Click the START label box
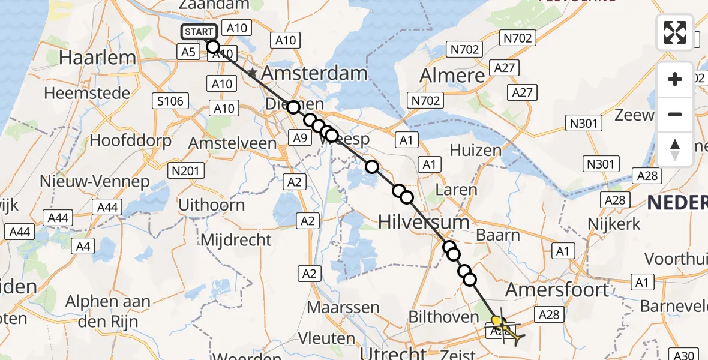tap(198, 32)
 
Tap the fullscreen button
tap(675, 32)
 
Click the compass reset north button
tap(675, 149)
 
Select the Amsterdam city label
tap(315, 74)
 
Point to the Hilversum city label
tap(424, 223)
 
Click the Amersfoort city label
tap(557, 290)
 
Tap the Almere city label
tap(452, 76)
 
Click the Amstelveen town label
tap(233, 143)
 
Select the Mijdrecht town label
tap(236, 241)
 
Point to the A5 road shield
tap(188, 52)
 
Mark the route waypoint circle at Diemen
tap(293, 107)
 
